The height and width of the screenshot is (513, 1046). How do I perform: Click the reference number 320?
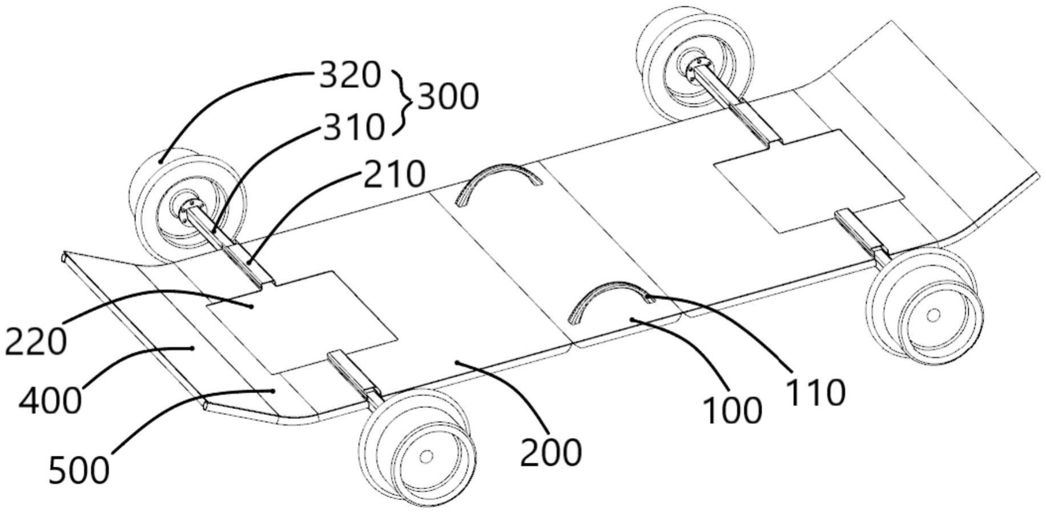pyautogui.click(x=349, y=75)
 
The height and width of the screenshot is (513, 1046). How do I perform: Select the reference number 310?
pyautogui.click(x=354, y=127)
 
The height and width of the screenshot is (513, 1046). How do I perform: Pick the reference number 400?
pyautogui.click(x=50, y=401)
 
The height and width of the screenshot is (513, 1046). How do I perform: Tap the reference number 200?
pyautogui.click(x=551, y=452)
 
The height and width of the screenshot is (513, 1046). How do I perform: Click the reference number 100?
pyautogui.click(x=732, y=410)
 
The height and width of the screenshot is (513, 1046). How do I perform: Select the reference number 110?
pyautogui.click(x=815, y=392)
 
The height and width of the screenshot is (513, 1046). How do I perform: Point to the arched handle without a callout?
pyautogui.click(x=499, y=184)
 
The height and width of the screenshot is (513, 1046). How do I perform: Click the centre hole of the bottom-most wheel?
pyautogui.click(x=426, y=456)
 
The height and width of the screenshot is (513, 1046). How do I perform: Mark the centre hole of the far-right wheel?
pyautogui.click(x=933, y=314)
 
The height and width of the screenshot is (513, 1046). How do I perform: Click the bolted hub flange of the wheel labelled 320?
pyautogui.click(x=189, y=210)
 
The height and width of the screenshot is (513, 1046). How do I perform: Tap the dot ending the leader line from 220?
pyautogui.click(x=251, y=306)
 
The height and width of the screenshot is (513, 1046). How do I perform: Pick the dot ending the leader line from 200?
pyautogui.click(x=456, y=362)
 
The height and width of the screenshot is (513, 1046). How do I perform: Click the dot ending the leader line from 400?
pyautogui.click(x=192, y=348)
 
